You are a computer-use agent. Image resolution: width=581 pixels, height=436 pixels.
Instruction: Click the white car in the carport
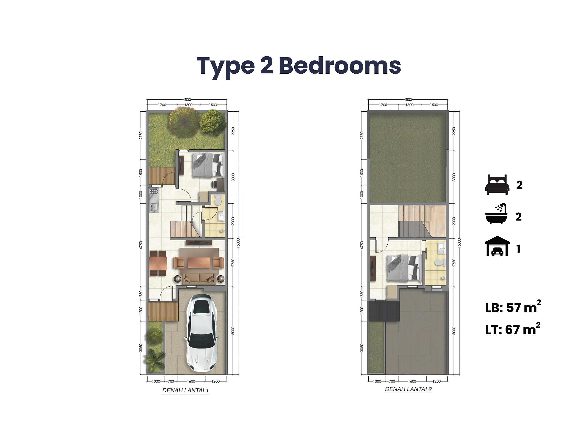pos(202,333)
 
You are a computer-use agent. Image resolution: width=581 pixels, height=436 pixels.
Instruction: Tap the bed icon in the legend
pos(497,185)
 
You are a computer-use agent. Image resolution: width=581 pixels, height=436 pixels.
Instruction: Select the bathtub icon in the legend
pos(496,214)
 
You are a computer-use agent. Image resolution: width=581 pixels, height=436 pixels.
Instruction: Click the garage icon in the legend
pos(497,246)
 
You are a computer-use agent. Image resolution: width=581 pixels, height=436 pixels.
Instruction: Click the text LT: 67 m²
pos(512,329)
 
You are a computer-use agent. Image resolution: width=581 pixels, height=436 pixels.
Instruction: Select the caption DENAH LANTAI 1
pos(185,390)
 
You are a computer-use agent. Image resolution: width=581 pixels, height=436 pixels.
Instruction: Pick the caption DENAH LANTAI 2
pos(408,389)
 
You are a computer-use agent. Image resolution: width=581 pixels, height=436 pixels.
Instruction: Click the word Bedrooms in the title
pos(340,66)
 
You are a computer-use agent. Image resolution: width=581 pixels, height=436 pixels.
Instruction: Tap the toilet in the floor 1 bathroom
pos(218,200)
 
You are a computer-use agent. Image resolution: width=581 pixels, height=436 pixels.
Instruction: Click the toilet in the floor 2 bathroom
pos(440,262)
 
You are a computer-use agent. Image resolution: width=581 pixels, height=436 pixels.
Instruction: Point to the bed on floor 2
pos(404,268)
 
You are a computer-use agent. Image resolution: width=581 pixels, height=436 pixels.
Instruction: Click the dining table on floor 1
pos(158,263)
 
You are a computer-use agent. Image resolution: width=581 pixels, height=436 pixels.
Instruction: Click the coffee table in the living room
pos(199,263)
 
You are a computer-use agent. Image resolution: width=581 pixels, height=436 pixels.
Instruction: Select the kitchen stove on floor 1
pos(154,191)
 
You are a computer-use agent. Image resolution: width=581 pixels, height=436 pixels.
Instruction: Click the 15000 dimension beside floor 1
pos(238,243)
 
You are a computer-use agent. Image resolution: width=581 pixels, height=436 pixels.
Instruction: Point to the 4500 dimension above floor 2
pos(408,100)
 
